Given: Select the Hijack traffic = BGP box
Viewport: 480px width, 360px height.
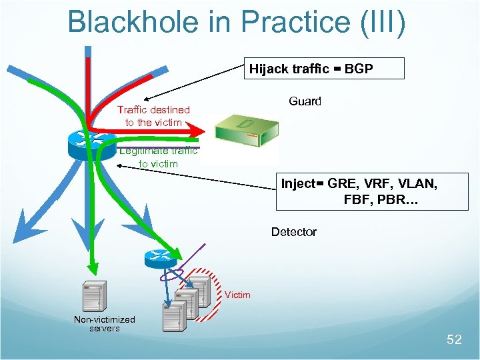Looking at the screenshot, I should [324, 69].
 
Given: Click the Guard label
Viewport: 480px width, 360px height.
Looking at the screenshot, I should [305, 101].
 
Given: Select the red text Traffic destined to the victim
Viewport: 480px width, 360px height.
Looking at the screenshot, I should [153, 116].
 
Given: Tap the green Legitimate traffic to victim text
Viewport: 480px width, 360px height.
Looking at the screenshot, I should [158, 157].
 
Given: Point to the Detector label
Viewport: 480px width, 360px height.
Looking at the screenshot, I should [293, 232].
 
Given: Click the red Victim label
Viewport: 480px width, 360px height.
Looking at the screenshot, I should [237, 295].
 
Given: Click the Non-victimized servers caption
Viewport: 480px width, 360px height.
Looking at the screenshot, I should [104, 324].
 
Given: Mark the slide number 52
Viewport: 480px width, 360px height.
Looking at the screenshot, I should [453, 340].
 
